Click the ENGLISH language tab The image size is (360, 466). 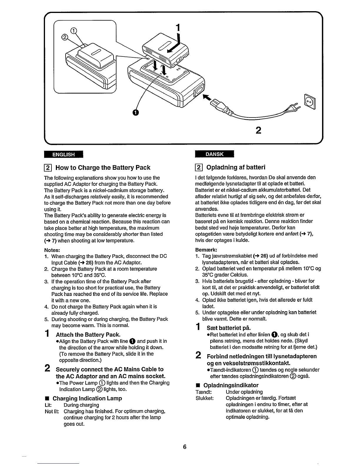(x=64, y=154)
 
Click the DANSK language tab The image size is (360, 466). (x=214, y=154)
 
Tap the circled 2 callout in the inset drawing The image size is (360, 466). (x=64, y=37)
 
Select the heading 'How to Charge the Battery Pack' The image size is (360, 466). (x=103, y=168)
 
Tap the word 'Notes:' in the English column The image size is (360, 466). (x=52, y=250)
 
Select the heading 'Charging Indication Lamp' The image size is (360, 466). (x=87, y=398)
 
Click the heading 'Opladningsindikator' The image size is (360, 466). (x=231, y=385)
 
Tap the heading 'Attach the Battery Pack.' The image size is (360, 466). (x=88, y=334)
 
